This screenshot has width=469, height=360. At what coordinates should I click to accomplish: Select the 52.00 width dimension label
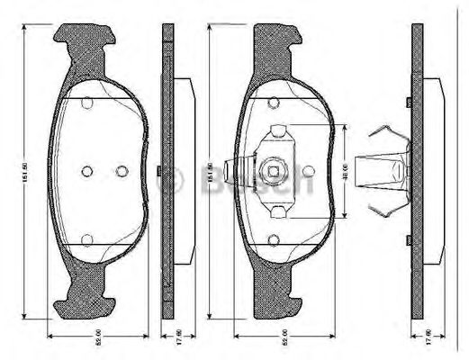pos(284,338)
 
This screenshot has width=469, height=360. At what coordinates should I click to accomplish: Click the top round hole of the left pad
pos(86,102)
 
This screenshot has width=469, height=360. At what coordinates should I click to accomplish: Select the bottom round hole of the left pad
pos(86,238)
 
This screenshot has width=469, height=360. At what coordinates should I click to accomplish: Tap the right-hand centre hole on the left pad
pos(122,171)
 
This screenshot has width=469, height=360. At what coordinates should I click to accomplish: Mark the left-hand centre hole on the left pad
pos(86,171)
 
